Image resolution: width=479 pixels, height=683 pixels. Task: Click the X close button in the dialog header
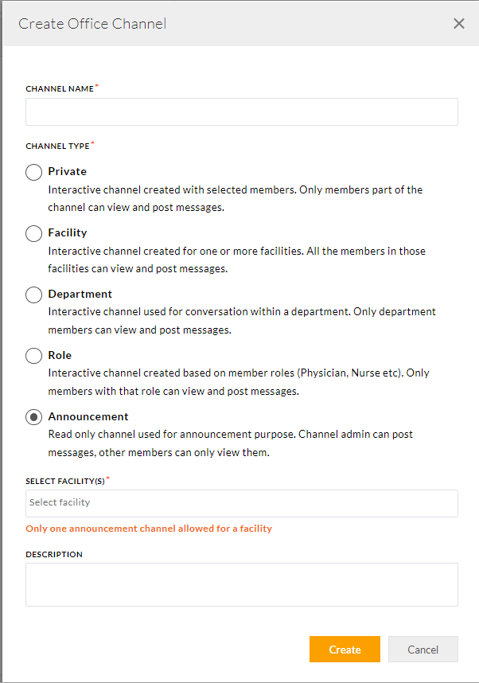pos(458,24)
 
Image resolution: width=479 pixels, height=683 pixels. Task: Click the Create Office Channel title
pos(92,24)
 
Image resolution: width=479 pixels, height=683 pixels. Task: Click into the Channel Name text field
pos(241,112)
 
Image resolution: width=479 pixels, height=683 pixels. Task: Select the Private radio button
pos(34,172)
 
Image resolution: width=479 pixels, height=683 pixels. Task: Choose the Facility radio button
pos(34,233)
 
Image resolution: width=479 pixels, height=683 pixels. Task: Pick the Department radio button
pos(34,295)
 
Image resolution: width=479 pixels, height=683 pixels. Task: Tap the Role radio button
pos(34,356)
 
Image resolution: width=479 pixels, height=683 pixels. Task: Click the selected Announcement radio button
pos(34,417)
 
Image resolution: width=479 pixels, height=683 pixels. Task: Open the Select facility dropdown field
pos(241,503)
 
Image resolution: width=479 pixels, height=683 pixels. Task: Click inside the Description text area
pos(241,584)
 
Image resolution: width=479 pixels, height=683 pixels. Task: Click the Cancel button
pos(423,650)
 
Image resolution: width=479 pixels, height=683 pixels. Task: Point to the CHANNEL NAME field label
pos(60,89)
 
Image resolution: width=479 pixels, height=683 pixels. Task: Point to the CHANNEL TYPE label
pos(57,146)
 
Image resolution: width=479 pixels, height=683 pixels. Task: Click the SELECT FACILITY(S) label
pos(65,482)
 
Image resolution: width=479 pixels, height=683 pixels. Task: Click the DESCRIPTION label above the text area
pos(54,554)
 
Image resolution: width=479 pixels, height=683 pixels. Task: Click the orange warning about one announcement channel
pos(149,529)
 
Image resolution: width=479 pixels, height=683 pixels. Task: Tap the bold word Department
pos(80,294)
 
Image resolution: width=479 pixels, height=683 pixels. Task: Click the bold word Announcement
pos(88,416)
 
